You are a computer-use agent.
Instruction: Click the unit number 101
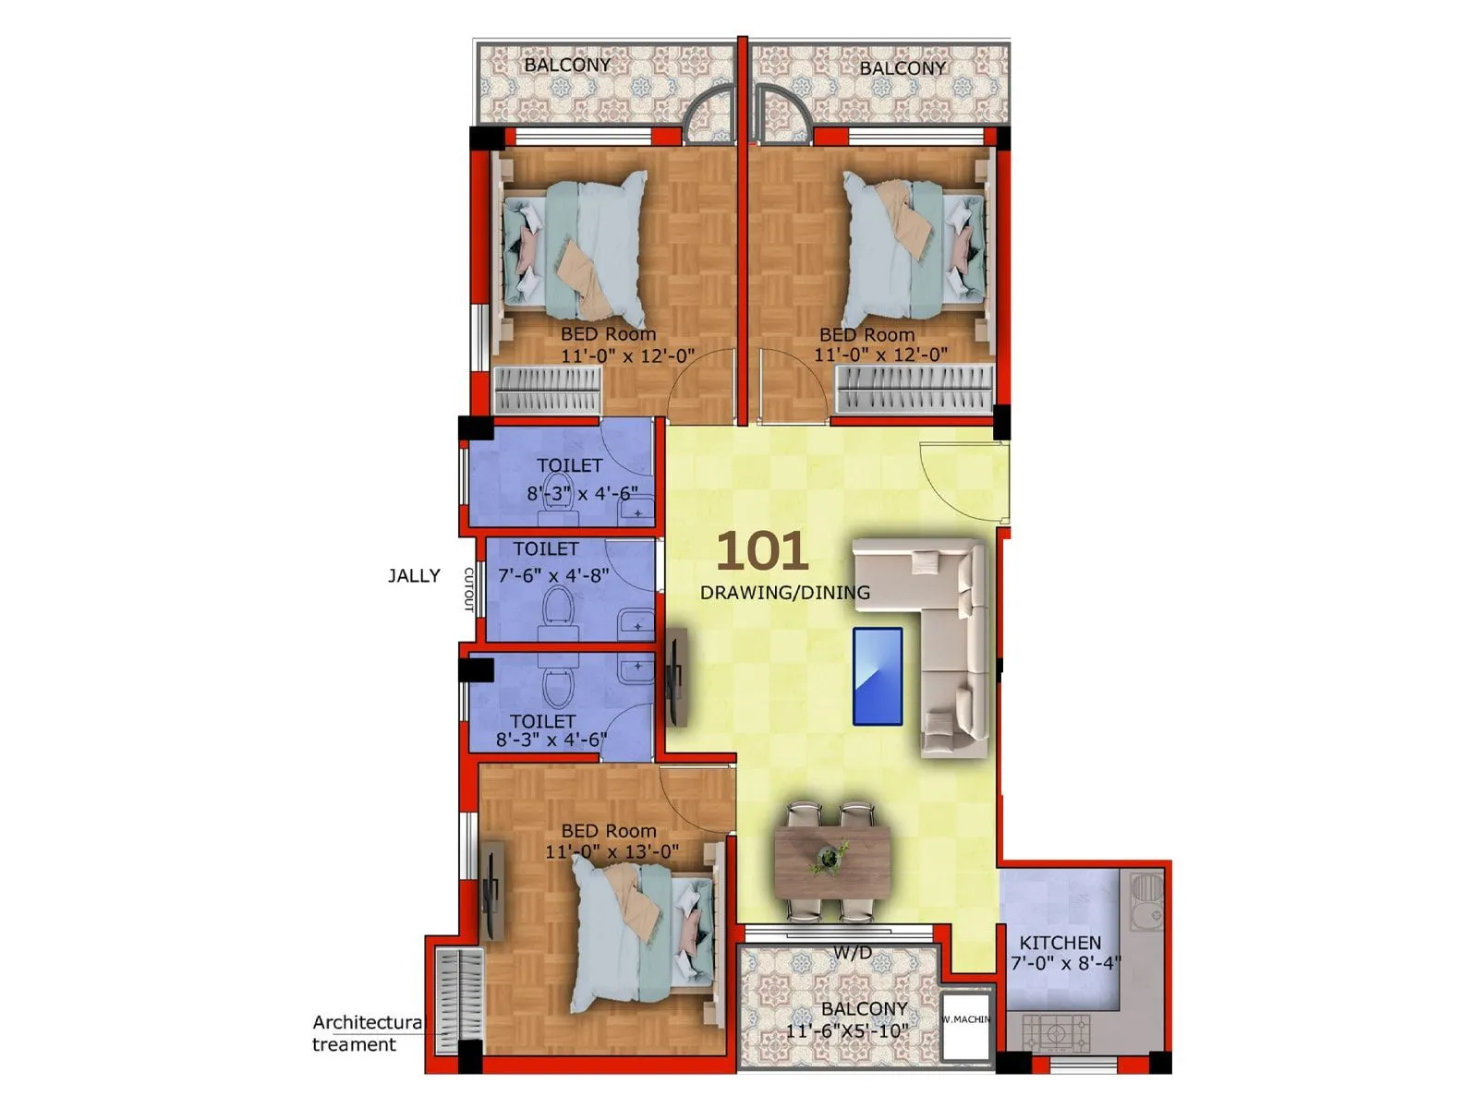click(762, 551)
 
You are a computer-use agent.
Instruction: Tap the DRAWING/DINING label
click(785, 593)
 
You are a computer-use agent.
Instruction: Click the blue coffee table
click(878, 676)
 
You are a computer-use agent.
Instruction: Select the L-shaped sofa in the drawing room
click(951, 637)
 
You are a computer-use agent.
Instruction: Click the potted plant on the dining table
click(829, 859)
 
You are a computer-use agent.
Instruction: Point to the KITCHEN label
click(1060, 943)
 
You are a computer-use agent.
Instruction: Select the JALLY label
click(414, 576)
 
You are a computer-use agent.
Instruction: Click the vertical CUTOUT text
click(468, 589)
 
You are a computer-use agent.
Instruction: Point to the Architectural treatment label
click(367, 1033)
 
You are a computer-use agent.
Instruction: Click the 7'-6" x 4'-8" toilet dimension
click(553, 575)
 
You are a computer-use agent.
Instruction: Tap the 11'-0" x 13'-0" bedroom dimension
click(612, 851)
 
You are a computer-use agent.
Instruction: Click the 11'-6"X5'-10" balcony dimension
click(847, 1030)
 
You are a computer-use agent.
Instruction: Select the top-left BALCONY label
click(567, 65)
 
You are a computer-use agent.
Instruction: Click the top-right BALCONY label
click(903, 68)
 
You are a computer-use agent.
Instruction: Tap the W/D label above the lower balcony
click(852, 953)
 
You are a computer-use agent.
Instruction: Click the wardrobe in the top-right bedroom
click(915, 389)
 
